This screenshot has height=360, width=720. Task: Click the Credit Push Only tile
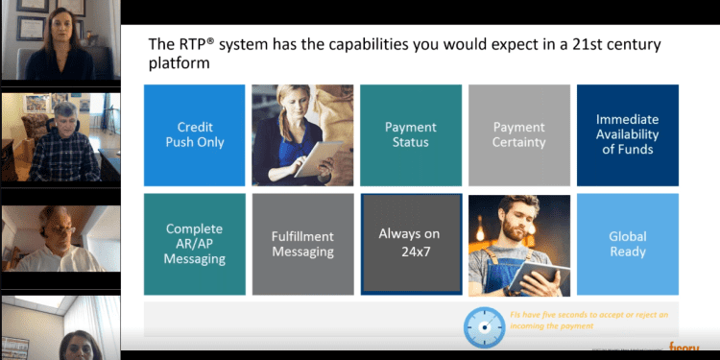tap(194, 134)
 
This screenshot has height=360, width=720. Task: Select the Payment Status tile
tap(410, 134)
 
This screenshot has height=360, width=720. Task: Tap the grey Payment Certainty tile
tap(518, 134)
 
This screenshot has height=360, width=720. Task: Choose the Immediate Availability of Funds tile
tap(627, 134)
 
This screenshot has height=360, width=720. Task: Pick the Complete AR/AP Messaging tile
tap(194, 244)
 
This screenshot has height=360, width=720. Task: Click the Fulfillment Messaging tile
tap(301, 244)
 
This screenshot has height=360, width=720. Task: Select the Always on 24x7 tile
tap(410, 244)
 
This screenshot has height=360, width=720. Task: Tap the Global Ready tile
tap(627, 244)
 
